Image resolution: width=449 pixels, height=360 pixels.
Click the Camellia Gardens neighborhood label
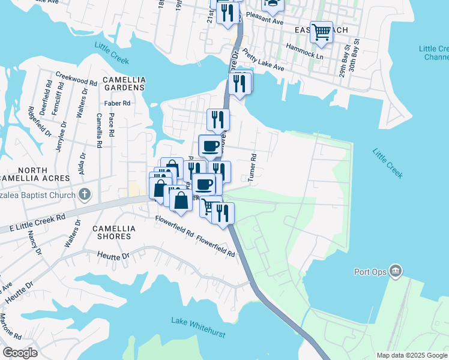pos(124,83)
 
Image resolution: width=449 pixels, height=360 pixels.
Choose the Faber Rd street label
pos(117,103)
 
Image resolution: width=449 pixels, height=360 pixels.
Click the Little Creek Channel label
pos(434,53)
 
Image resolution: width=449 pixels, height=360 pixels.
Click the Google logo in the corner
pos(20,353)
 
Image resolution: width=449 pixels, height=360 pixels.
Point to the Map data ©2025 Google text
pos(411,355)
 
